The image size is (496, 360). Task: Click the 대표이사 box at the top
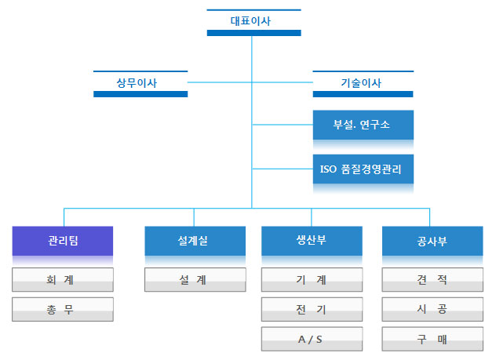[x=253, y=23]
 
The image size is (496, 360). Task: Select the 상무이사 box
[x=140, y=84]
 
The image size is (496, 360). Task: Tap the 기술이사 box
[x=363, y=84]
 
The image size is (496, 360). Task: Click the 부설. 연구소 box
[x=363, y=125]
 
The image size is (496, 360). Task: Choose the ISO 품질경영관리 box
[x=363, y=169]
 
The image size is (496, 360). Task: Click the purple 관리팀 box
[x=63, y=241]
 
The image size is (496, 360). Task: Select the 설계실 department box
[x=195, y=241]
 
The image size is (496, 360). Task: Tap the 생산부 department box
[x=312, y=241]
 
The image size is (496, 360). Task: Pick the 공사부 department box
[x=432, y=241]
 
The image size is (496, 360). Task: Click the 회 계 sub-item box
[x=63, y=280]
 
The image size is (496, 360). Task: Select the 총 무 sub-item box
[x=63, y=310]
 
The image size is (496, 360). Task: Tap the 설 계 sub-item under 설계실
[x=195, y=280]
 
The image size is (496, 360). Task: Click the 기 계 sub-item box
[x=312, y=280]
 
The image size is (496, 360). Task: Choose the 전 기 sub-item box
[x=312, y=310]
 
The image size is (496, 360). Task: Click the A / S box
[x=312, y=339]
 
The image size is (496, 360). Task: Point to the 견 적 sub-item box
[x=432, y=280]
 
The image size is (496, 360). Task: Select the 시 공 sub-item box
[x=432, y=310]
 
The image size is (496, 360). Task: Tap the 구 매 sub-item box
[x=432, y=339]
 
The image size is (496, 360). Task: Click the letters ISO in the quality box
[x=328, y=169]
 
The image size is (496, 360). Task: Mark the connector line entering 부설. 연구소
[x=283, y=125]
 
